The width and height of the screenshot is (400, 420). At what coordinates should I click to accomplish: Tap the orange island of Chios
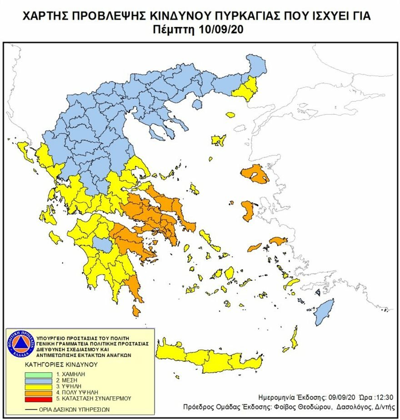[x=248, y=211]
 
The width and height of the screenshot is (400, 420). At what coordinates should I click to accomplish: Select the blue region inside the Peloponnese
[x=104, y=245]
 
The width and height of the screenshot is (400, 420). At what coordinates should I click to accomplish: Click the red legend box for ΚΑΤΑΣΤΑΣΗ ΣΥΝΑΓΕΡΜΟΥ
[x=41, y=398]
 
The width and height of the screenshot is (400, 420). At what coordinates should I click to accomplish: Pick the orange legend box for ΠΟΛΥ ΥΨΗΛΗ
[x=41, y=391]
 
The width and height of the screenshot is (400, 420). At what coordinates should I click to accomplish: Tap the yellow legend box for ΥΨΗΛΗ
[x=41, y=385]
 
